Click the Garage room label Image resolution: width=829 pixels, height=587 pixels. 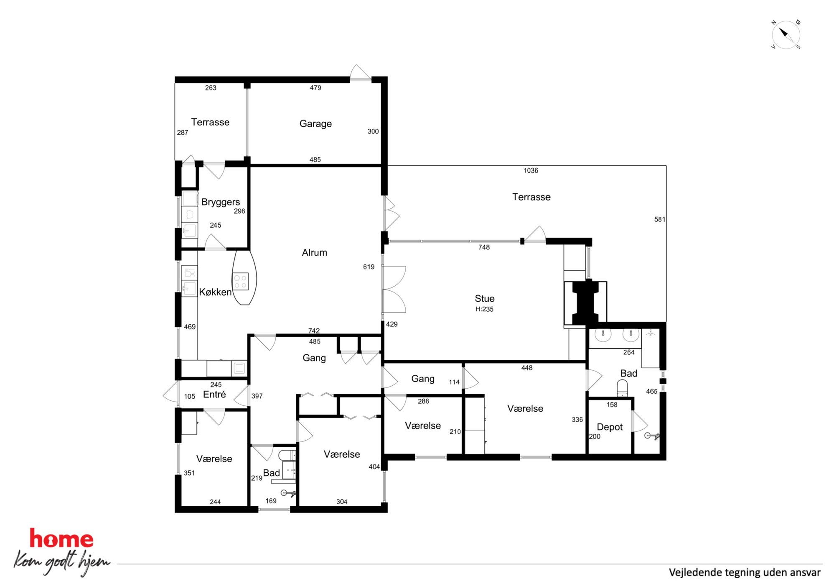pos(315,124)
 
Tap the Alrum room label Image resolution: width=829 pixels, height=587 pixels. pos(314,253)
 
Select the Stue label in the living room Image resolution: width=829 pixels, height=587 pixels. pos(484,299)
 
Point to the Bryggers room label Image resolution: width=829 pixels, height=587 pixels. pos(221,203)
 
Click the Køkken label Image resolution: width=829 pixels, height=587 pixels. pos(215,292)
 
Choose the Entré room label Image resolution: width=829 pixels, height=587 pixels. pos(214,394)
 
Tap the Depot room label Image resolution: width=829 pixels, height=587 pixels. pos(610,427)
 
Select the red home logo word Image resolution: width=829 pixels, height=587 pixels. pos(61,538)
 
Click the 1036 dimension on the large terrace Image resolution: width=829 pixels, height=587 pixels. pos(531,171)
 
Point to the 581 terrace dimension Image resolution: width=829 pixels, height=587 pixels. pos(659,219)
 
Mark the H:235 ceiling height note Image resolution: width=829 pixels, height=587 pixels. pos(484,309)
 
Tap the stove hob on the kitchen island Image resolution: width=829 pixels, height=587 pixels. pos(240,281)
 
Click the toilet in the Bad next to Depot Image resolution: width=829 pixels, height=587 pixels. pos(622,388)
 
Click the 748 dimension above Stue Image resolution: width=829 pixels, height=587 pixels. pos(484,247)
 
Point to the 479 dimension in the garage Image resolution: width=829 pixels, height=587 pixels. pos(315,88)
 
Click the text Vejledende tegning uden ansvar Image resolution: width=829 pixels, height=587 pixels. pos(745,572)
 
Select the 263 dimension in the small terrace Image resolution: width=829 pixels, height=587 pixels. pos(211,88)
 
